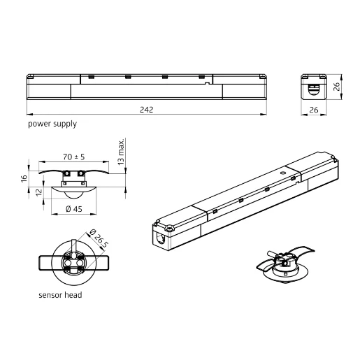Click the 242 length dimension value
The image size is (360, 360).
147,110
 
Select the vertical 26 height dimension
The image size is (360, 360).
336,87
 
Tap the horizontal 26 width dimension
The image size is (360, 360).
314,110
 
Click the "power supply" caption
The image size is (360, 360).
52,124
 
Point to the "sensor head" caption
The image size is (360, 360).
60,295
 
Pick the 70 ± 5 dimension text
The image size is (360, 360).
73,157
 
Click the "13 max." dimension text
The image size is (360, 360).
121,152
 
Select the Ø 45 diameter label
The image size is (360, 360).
74,209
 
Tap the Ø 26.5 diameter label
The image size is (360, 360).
99,238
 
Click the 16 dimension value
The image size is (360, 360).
24,179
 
